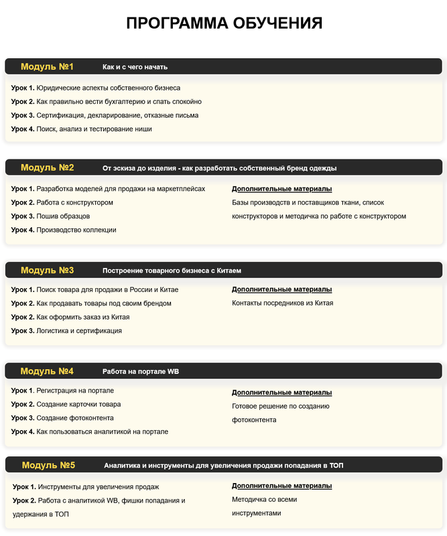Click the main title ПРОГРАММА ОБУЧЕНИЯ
[224, 23]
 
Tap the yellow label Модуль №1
[47, 67]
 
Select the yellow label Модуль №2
[47, 167]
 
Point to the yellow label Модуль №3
[47, 271]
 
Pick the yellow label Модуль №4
[47, 371]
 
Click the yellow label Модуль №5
[48, 465]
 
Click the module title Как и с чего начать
[135, 67]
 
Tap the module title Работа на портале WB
[141, 371]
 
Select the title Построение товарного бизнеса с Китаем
[172, 271]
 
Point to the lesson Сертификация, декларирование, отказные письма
[105, 115]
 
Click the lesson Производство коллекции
[64, 230]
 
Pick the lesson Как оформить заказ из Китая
[70, 317]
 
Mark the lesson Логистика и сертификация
[66, 330]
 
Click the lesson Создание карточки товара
[66, 404]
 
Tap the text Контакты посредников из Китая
[283, 303]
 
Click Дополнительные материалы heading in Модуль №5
[281, 485]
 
